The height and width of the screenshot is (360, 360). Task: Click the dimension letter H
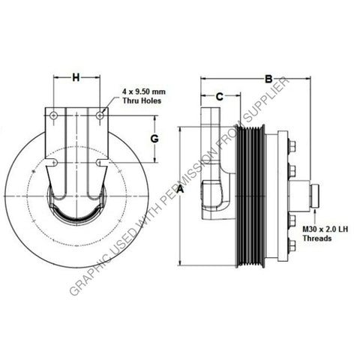pyautogui.click(x=75, y=77)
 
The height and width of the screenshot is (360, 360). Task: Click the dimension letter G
pyautogui.click(x=153, y=139)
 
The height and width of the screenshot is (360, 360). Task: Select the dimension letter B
pyautogui.click(x=268, y=78)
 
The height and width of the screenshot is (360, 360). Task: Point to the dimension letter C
pyautogui.click(x=219, y=96)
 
